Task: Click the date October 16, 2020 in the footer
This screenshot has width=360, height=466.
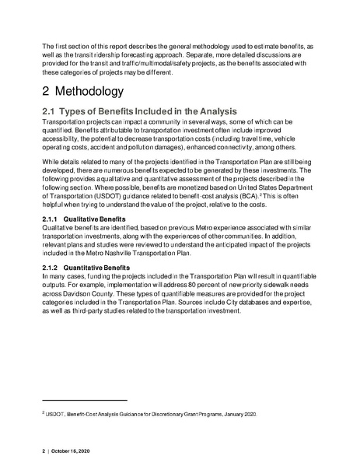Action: (77, 451)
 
